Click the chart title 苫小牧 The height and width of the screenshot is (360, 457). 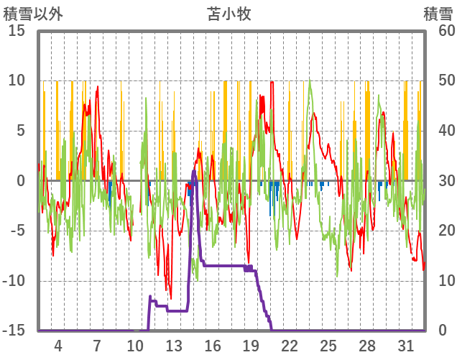point(229,14)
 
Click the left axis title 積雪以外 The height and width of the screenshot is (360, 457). point(34,14)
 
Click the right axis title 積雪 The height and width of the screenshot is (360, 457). point(437,14)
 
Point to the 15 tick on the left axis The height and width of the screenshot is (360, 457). point(17,31)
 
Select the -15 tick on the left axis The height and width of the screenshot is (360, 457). point(14,331)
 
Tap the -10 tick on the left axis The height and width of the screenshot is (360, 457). point(14,281)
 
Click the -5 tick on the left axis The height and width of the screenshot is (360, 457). point(17,231)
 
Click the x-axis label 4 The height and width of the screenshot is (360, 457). point(57,346)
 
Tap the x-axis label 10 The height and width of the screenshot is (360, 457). point(135,346)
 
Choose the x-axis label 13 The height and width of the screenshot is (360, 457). point(174,346)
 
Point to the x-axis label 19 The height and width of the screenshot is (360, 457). point(251,346)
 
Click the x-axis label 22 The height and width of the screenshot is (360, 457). point(290,346)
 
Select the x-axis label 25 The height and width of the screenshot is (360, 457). point(328,346)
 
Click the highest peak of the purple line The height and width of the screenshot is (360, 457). point(194,170)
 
